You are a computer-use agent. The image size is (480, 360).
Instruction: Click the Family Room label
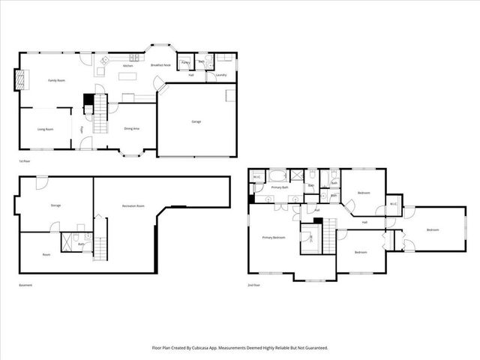(x=55, y=80)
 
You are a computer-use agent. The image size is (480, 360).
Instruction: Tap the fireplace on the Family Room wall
(x=20, y=79)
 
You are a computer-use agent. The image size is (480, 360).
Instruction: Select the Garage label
(x=196, y=121)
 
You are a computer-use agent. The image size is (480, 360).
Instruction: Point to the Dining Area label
(x=131, y=129)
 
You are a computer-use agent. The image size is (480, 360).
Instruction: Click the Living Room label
(x=45, y=129)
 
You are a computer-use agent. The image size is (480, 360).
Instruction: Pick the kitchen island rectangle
(x=127, y=77)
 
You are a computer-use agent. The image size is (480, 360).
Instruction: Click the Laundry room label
(x=221, y=75)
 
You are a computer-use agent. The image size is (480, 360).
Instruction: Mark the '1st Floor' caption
(x=25, y=161)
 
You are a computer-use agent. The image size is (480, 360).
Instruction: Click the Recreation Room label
(x=133, y=205)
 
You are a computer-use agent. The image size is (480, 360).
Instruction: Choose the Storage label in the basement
(x=55, y=205)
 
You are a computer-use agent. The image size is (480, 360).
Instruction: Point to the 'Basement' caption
(x=25, y=285)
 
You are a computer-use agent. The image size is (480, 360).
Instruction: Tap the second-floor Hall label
(x=364, y=222)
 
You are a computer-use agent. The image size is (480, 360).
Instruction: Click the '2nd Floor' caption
(x=254, y=285)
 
